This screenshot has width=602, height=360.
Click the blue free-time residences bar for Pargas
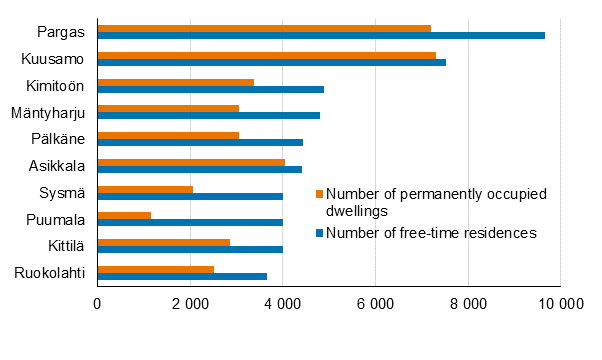pyautogui.click(x=321, y=35)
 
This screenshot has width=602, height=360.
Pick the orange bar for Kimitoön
pyautogui.click(x=175, y=82)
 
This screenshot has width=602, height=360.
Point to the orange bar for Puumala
pyautogui.click(x=124, y=215)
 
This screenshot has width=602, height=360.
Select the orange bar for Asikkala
pyautogui.click(x=191, y=162)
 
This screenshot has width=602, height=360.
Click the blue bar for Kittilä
pyautogui.click(x=190, y=249)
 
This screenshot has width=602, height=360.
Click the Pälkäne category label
pyautogui.click(x=58, y=139)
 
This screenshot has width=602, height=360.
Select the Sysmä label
pyautogui.click(x=62, y=192)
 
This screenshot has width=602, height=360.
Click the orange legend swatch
pyautogui.click(x=320, y=193)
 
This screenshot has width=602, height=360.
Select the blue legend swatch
pyautogui.click(x=320, y=233)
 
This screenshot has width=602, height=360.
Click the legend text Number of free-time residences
pyautogui.click(x=432, y=233)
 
